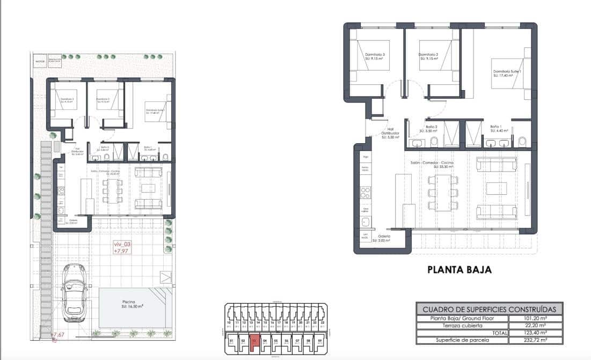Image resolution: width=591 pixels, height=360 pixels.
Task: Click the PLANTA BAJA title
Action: point(459,270)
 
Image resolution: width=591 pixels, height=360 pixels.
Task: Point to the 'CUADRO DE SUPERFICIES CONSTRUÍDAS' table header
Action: point(489,309)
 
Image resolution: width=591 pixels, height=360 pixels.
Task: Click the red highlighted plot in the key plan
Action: point(255,340)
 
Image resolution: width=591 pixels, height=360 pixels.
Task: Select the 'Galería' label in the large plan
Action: point(384,237)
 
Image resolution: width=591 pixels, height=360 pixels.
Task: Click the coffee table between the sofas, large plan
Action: point(496,188)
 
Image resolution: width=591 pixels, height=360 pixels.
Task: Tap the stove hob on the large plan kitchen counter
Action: point(366,192)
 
